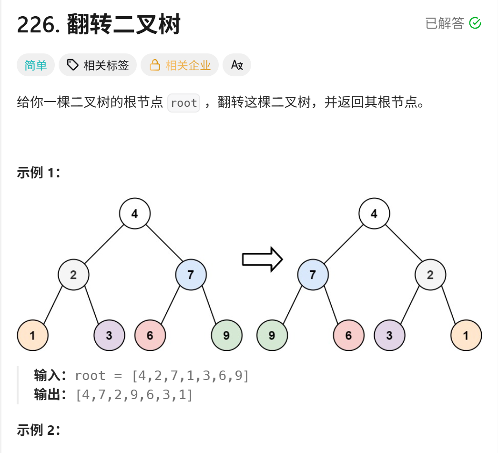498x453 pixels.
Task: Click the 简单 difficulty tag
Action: (x=36, y=65)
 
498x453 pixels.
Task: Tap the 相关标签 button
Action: (x=98, y=65)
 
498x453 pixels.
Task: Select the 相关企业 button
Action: (x=180, y=65)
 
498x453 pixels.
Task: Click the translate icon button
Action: (x=237, y=65)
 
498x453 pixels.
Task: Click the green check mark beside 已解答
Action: (x=475, y=23)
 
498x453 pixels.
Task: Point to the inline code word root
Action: (x=183, y=103)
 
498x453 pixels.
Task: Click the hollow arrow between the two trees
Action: (x=263, y=259)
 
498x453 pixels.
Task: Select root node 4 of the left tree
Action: (x=135, y=214)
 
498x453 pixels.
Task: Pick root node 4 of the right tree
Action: (x=374, y=214)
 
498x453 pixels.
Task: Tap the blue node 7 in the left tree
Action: (x=191, y=275)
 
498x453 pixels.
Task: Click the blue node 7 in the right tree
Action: (x=313, y=275)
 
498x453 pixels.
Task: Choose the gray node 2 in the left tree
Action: (x=74, y=275)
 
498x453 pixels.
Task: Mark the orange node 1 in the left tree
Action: (x=32, y=335)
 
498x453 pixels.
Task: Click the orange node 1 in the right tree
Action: (x=466, y=335)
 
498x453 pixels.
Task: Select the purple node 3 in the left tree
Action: (x=109, y=335)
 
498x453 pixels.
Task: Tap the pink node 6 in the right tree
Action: (x=348, y=335)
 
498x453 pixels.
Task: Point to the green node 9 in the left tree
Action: (x=226, y=335)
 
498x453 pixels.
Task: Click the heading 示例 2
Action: (x=39, y=431)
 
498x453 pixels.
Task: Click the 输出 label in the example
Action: (x=48, y=395)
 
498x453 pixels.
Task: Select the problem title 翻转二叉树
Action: (x=123, y=24)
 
